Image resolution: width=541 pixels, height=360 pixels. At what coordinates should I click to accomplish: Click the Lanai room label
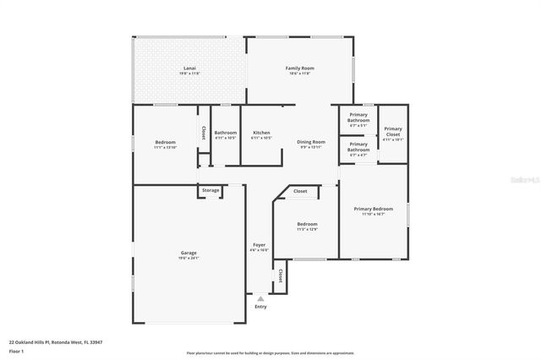pyautogui.click(x=189, y=68)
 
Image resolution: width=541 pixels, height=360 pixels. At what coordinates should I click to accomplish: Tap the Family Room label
pyautogui.click(x=298, y=68)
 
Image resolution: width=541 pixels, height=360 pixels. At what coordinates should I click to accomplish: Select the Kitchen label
pyautogui.click(x=261, y=133)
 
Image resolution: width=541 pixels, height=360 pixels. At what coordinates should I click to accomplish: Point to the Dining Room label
pyautogui.click(x=311, y=142)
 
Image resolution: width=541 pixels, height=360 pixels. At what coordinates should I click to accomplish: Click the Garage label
pyautogui.click(x=189, y=253)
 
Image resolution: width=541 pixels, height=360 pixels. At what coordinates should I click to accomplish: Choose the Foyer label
pyautogui.click(x=259, y=245)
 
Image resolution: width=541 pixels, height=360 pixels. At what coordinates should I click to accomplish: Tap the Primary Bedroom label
pyautogui.click(x=373, y=208)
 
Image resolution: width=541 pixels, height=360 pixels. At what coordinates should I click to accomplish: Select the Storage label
pyautogui.click(x=210, y=190)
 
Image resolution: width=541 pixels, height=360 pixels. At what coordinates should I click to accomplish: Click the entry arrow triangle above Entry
pyautogui.click(x=260, y=298)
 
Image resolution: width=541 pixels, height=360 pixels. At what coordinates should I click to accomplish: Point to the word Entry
pyautogui.click(x=260, y=306)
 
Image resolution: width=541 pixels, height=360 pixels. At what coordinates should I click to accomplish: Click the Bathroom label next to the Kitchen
pyautogui.click(x=226, y=133)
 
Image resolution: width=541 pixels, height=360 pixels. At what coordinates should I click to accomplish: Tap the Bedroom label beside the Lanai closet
pyautogui.click(x=164, y=142)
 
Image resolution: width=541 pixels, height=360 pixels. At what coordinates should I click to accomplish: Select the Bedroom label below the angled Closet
pyautogui.click(x=306, y=224)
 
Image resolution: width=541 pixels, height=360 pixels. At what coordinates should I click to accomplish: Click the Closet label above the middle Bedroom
pyautogui.click(x=300, y=192)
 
